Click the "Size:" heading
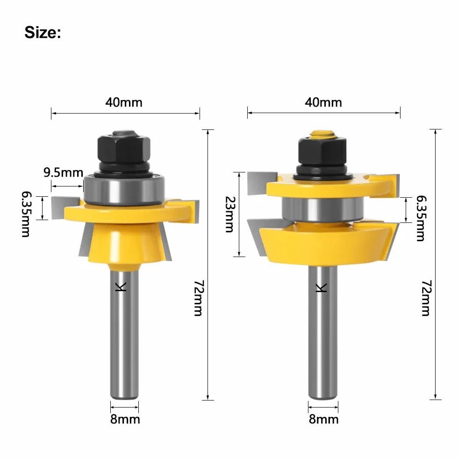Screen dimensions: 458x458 [x=43, y=32]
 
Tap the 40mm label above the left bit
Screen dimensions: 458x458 [x=124, y=102]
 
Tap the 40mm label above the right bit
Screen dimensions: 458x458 [x=323, y=102]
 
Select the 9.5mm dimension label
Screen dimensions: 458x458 [x=64, y=172]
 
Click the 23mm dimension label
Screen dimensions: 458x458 [x=230, y=214]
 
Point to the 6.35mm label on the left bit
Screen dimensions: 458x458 [x=26, y=214]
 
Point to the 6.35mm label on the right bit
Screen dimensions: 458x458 [x=422, y=218]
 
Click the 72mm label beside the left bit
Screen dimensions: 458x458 [x=199, y=298]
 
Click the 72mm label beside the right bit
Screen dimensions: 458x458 [x=426, y=298]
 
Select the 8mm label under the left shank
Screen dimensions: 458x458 [x=125, y=419]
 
